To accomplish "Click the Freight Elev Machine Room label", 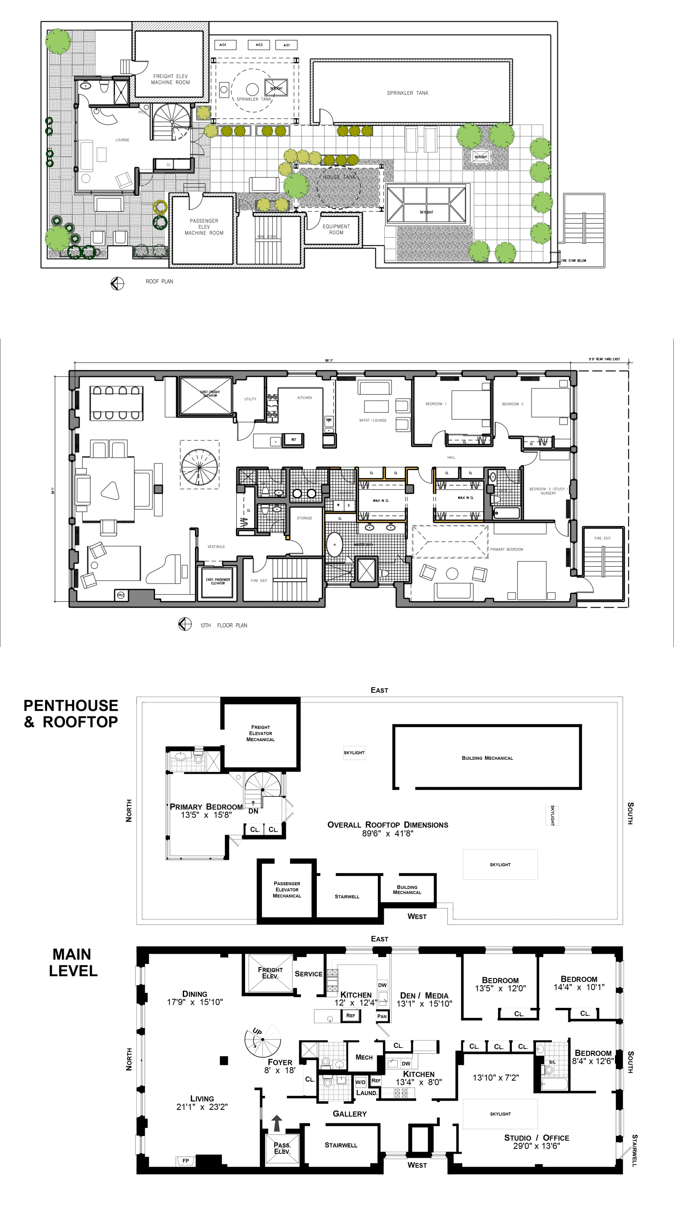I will pos(170,79).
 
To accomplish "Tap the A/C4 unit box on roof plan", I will pos(223,45).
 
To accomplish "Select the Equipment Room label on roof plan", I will pos(336,229).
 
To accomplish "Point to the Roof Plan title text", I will pos(159,281).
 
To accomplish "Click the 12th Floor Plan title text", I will pos(223,625).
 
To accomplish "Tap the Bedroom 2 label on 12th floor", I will pos(512,404).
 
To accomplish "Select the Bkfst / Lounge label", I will pos(373,420).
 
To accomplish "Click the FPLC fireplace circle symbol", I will pos(121,595).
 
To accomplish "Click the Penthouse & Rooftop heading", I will pos(71,713).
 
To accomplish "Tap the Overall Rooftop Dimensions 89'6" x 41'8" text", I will pos(388,829).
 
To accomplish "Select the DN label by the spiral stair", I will pos(253,811).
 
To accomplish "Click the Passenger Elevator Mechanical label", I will pos(287,889).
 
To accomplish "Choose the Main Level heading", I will pos(73,962).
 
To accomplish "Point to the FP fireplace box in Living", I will pos(186,1161).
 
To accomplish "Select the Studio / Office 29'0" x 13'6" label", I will pos(536,1141).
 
